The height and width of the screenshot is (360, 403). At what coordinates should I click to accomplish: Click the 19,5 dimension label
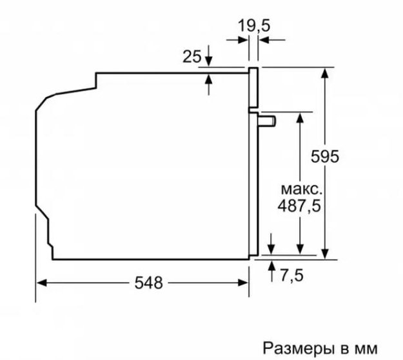[254, 26]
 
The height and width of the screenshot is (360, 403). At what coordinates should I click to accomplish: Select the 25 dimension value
[192, 57]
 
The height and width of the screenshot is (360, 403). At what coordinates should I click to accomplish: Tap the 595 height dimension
[325, 156]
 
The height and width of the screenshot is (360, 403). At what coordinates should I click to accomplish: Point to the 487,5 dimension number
[299, 206]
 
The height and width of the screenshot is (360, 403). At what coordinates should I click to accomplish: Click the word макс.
[302, 189]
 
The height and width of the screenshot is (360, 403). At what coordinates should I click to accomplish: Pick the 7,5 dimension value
[291, 275]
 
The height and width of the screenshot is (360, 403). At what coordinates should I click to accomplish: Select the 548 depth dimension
[149, 283]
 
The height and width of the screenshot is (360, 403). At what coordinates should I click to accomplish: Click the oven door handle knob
[268, 121]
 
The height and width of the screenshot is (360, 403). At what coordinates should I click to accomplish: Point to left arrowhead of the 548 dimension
[42, 283]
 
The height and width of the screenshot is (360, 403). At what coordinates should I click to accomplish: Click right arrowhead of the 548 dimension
[243, 283]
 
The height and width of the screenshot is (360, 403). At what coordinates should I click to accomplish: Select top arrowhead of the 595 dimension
[325, 74]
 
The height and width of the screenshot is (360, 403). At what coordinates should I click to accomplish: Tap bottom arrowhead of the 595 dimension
[325, 254]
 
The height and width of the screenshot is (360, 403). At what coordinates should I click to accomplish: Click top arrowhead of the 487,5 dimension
[300, 118]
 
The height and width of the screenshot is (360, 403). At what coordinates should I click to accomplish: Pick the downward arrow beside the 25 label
[209, 55]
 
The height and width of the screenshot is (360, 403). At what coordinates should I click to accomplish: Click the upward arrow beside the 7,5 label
[271, 271]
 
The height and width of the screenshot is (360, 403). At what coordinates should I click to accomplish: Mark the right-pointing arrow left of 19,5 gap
[237, 40]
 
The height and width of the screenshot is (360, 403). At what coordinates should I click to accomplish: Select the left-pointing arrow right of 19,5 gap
[272, 40]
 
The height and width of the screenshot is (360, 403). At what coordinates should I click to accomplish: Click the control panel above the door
[253, 88]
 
